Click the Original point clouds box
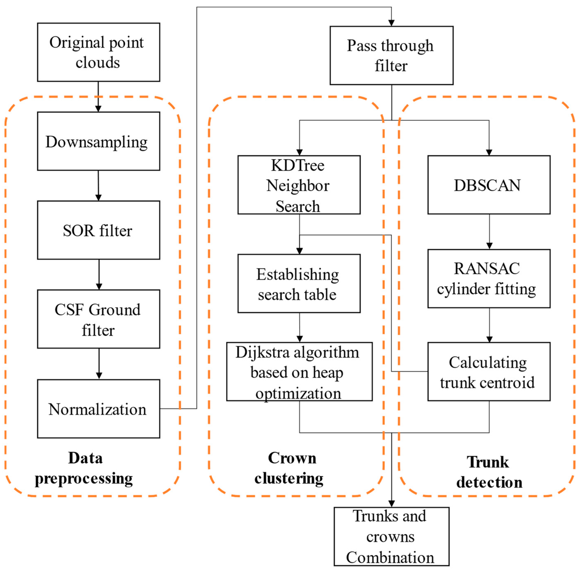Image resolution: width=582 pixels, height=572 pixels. click(x=99, y=52)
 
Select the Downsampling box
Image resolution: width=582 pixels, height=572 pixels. click(x=99, y=141)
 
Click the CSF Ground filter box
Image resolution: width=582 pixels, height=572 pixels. click(x=99, y=319)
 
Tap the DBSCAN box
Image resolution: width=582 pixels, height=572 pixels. click(x=489, y=185)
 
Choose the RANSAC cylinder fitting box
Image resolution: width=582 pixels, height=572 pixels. click(x=489, y=278)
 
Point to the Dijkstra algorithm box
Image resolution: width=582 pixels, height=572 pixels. click(x=299, y=372)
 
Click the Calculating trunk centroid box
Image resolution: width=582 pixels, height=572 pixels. click(x=489, y=372)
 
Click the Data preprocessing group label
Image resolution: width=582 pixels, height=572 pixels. click(x=84, y=468)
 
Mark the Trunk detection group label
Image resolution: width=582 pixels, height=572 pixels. click(x=489, y=472)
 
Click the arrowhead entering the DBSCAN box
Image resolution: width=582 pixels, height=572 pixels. click(x=489, y=153)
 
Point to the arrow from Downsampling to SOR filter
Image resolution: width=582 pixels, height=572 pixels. click(x=98, y=186)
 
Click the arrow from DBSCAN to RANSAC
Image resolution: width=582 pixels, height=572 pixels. click(x=489, y=232)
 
